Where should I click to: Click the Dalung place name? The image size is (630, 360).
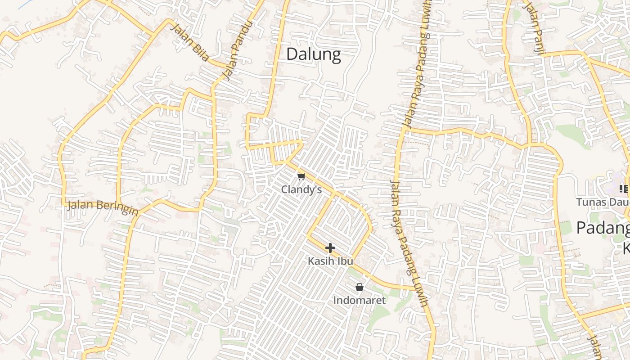pos(314,54)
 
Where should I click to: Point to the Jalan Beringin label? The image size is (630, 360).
pos(103,207)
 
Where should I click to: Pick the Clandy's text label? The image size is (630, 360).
pos(301,189)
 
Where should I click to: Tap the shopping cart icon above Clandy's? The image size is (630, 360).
pos(301,176)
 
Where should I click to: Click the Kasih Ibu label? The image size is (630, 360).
pos(330,261)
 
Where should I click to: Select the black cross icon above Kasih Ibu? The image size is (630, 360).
pos(330,248)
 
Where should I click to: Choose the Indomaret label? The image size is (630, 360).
pos(359,300)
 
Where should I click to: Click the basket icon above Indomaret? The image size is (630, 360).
pos(359,287)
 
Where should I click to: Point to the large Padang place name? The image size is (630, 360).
pos(603,228)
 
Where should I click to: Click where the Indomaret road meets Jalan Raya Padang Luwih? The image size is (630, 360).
pos(414,288)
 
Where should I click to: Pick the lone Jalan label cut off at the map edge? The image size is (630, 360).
pos(595,346)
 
